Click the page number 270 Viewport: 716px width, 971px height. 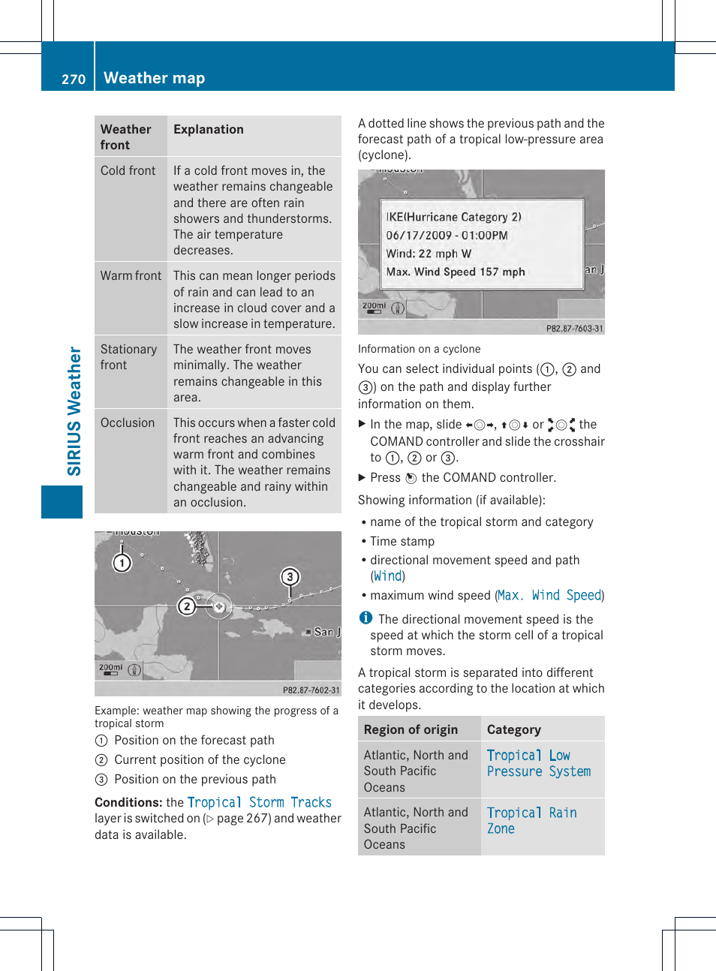74,79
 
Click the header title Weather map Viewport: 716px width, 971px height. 154,78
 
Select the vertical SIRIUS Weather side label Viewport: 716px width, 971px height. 74,410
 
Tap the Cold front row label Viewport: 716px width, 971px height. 128,171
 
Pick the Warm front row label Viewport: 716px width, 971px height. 131,276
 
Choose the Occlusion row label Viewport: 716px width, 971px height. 128,423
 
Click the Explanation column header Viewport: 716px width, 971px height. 209,130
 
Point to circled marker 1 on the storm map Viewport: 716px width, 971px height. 122,563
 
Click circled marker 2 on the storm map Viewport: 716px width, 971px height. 187,606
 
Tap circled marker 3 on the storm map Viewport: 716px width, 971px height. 290,577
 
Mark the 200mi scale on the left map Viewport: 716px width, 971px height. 110,668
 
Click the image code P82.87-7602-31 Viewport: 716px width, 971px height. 311,690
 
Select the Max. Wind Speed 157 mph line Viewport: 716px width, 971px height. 456,272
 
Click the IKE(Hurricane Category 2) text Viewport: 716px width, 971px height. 453,217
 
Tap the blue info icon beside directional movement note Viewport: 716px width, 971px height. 366,618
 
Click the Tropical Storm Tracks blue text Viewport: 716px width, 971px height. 259,803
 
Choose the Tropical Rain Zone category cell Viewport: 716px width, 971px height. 531,821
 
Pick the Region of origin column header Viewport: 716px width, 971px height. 411,730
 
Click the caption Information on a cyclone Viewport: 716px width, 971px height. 419,349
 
